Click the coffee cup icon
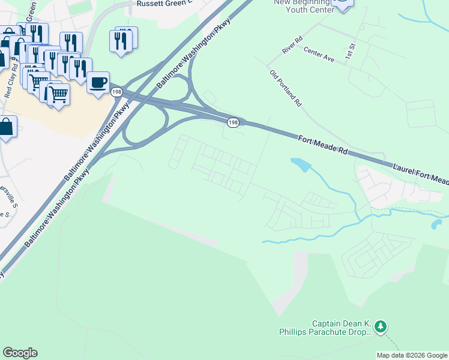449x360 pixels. pos(98,82)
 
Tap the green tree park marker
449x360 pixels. pos(379,326)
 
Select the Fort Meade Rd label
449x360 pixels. pos(324,145)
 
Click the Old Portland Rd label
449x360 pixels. pos(286,88)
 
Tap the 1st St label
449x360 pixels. pos(350,50)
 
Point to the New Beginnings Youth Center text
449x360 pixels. pos(303,5)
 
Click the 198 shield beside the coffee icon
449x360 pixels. pos(116,91)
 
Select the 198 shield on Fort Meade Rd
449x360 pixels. pos(233,122)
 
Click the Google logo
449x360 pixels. pos(20,353)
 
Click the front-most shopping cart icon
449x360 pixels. pos(58,94)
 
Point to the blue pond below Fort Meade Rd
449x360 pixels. pos(300,164)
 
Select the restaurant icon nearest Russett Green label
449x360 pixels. pos(121,40)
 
